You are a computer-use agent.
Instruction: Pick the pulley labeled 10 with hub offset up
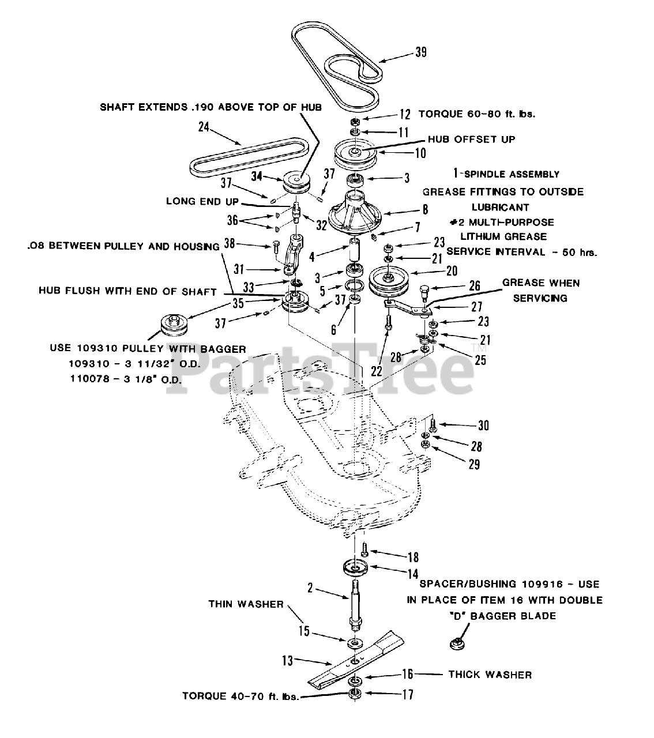pyautogui.click(x=355, y=152)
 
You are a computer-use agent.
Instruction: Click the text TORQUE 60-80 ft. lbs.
pyautogui.click(x=476, y=114)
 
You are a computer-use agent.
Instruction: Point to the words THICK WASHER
pyautogui.click(x=490, y=675)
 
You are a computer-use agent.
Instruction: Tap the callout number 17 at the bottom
pyautogui.click(x=407, y=695)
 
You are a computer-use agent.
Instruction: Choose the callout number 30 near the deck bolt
pyautogui.click(x=483, y=426)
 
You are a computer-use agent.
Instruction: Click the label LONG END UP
pyautogui.click(x=199, y=201)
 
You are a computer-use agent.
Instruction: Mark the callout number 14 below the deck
pyautogui.click(x=412, y=574)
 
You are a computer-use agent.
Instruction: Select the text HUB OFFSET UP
pyautogui.click(x=471, y=139)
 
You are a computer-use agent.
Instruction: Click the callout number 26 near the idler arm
pyautogui.click(x=474, y=285)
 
